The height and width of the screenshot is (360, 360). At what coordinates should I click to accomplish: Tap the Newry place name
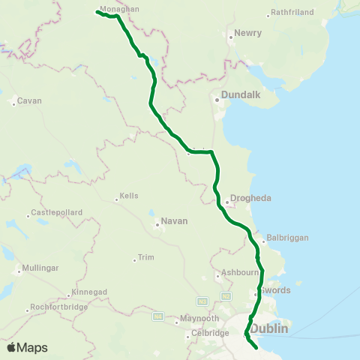coord(247,34)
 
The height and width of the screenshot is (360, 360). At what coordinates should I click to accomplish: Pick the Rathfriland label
coord(290,13)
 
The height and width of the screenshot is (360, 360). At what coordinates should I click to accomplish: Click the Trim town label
coord(145,258)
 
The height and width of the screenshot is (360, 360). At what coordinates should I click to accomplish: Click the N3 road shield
coord(202,301)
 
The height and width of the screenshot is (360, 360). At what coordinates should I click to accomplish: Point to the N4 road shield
coord(158,317)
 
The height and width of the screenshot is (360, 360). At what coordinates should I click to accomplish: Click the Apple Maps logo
coord(27,347)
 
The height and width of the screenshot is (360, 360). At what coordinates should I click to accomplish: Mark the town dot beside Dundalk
coord(217,98)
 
